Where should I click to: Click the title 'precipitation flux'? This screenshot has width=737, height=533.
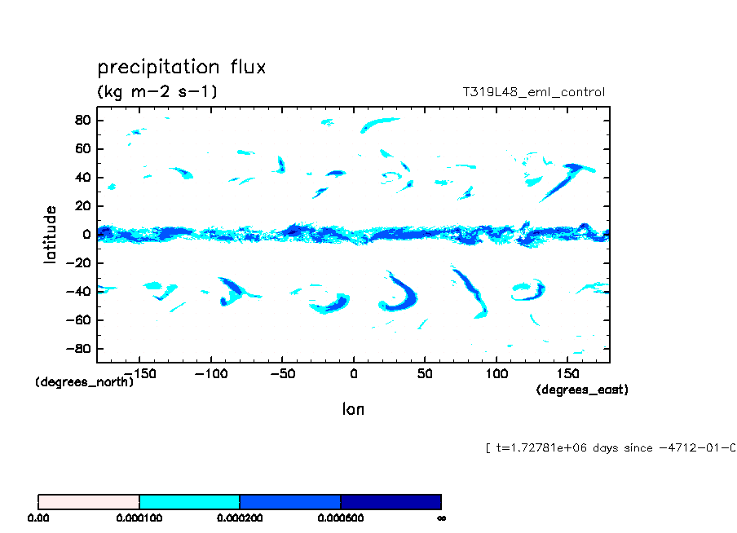[x=181, y=67]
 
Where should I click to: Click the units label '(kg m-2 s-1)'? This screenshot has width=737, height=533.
[x=157, y=92]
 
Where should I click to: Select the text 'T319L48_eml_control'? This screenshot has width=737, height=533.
[x=533, y=92]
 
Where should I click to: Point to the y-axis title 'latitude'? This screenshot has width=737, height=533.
[x=51, y=234]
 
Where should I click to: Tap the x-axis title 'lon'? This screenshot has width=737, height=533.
[x=353, y=409]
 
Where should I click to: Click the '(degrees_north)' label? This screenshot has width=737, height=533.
[x=85, y=381]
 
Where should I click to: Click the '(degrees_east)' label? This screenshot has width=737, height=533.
[x=582, y=390]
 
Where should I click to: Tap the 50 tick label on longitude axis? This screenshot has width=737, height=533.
[x=425, y=373]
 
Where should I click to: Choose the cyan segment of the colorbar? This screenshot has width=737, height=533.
[x=189, y=501]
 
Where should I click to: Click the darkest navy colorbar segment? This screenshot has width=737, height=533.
[x=391, y=501]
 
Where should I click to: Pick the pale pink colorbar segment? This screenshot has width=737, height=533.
[x=89, y=501]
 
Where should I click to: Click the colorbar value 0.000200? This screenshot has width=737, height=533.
[x=240, y=518]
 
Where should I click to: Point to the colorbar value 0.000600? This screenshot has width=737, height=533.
[x=340, y=518]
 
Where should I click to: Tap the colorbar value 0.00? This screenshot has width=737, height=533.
[x=38, y=518]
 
